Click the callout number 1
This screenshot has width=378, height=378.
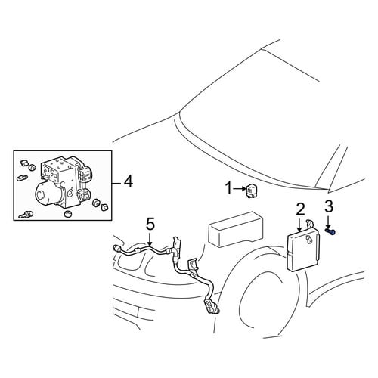[x=228, y=188]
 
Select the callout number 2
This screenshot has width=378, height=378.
[x=300, y=209]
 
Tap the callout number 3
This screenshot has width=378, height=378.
[x=329, y=206]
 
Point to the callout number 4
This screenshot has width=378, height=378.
[x=128, y=181]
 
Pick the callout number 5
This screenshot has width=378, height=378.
[x=150, y=224]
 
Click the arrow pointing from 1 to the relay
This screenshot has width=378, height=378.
[x=240, y=188]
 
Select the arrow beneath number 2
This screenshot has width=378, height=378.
[x=299, y=225]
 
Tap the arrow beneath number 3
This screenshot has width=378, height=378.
[x=329, y=222]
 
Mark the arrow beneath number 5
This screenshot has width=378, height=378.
[x=150, y=240]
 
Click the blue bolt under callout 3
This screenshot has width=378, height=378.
[x=330, y=231]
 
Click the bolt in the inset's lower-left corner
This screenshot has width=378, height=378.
[x=26, y=215]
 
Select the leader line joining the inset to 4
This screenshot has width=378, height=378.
[x=116, y=182]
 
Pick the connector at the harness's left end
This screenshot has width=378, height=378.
[x=118, y=249]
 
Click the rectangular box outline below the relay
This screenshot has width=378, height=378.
[x=235, y=230]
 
